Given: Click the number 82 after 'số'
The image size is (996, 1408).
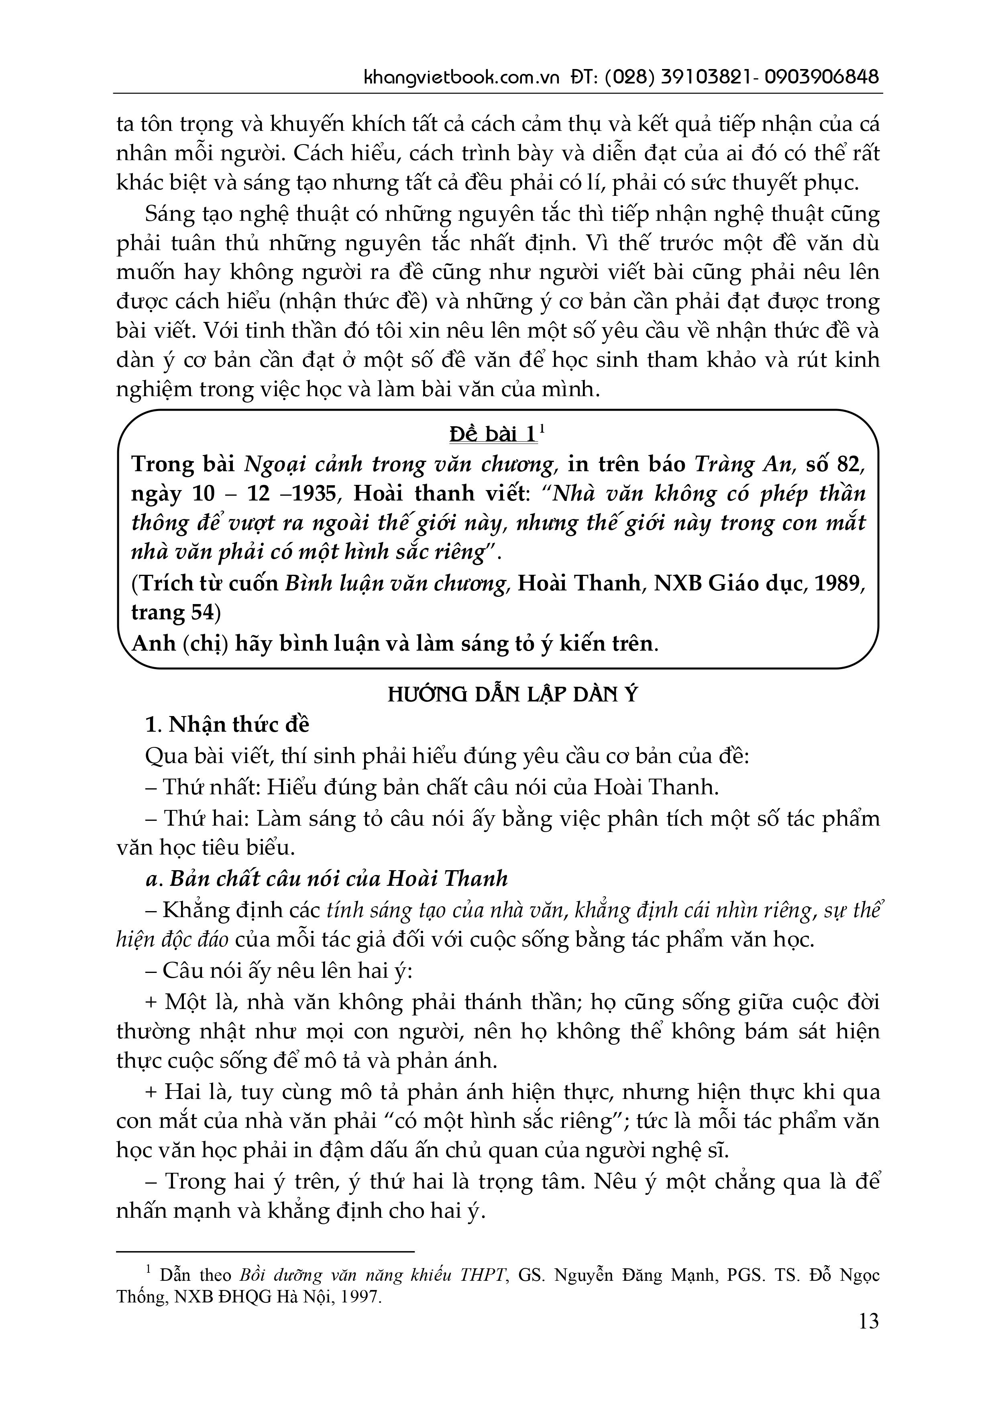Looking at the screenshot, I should click(x=849, y=464).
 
